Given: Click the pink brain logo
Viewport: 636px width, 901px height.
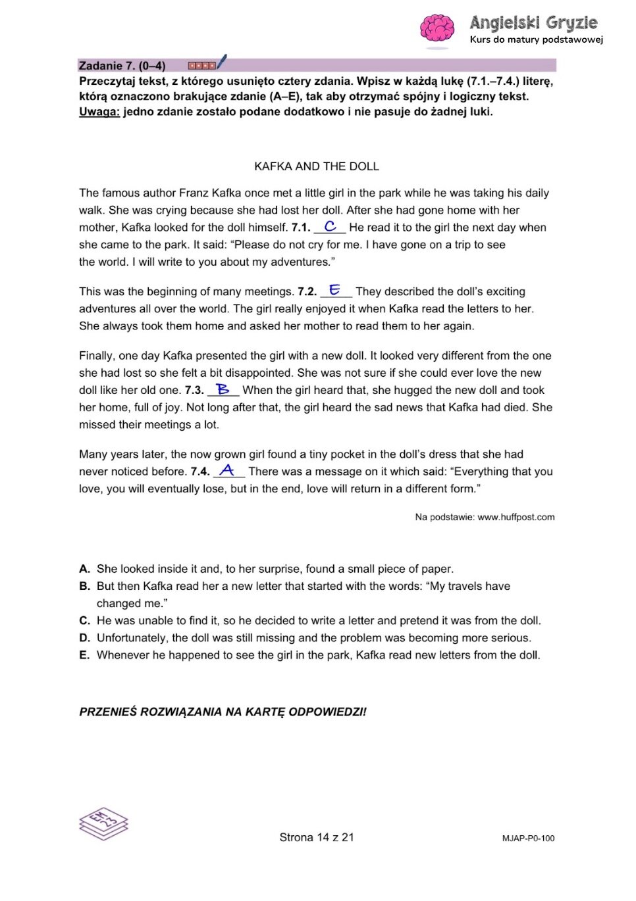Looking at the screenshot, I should (x=437, y=30).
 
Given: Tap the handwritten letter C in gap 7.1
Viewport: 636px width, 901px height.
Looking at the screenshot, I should (x=331, y=226).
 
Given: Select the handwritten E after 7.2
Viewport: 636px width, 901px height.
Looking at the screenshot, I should (x=335, y=289).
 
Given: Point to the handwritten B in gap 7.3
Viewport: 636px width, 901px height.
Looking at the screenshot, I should (x=223, y=389).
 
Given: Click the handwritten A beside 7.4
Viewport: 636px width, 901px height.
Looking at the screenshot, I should (x=228, y=470).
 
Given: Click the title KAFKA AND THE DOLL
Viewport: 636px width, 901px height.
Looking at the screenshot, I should (x=317, y=166).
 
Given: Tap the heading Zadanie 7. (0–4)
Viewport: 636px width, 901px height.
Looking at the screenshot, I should (x=122, y=66).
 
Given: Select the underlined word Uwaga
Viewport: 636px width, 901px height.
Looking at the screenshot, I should (x=99, y=112).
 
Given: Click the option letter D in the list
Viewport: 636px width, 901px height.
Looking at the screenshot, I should (x=84, y=638).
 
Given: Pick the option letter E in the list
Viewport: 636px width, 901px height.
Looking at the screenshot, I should (x=84, y=655).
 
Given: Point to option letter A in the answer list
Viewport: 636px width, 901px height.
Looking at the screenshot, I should (x=84, y=569).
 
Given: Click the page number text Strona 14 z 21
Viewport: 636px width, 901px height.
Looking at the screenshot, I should (x=317, y=837).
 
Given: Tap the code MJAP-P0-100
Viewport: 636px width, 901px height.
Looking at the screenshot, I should (x=528, y=839).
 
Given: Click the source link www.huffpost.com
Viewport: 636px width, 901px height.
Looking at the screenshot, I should (x=516, y=518).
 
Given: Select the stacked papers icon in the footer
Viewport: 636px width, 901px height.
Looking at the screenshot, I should (x=103, y=823).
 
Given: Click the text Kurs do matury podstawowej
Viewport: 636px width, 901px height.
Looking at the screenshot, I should (x=536, y=39).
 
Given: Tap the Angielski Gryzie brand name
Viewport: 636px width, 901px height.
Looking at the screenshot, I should (x=533, y=23).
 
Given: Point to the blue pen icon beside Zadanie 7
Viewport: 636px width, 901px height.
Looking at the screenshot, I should (x=221, y=62).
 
